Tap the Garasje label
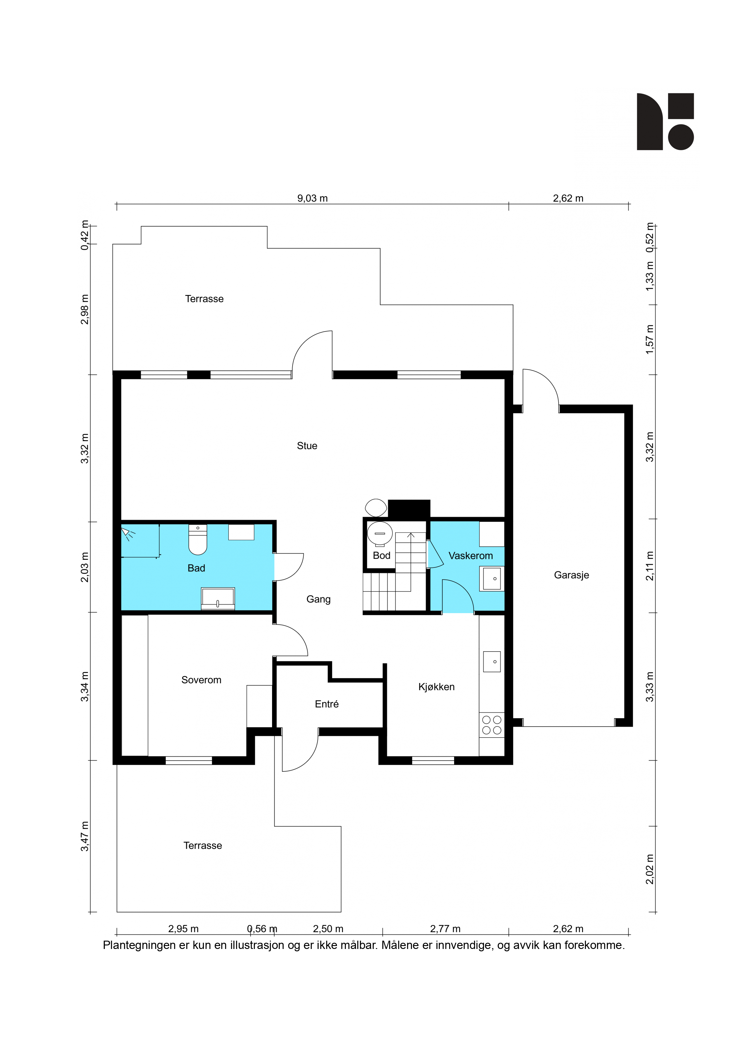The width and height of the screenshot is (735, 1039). tap(571, 575)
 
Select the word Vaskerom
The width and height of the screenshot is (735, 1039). tap(471, 556)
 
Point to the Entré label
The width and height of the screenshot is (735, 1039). tap(327, 704)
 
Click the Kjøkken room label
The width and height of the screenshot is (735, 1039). tap(436, 687)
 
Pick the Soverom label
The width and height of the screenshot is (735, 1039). tap(201, 680)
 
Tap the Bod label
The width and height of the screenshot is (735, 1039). tap(381, 555)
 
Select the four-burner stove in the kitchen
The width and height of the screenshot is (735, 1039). tap(492, 724)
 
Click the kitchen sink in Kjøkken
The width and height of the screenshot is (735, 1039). tap(492, 662)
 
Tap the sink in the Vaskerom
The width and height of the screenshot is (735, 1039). tap(492, 579)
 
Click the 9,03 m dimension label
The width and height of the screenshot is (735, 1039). tap(312, 198)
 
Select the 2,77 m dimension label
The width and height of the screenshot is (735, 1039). tap(445, 929)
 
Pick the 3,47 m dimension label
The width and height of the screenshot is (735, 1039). tap(85, 836)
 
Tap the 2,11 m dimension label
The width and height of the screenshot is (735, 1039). tap(650, 566)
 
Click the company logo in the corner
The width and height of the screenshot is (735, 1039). tap(665, 121)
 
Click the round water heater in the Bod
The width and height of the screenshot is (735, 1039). tap(379, 533)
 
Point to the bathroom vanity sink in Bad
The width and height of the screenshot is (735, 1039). tap(218, 599)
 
